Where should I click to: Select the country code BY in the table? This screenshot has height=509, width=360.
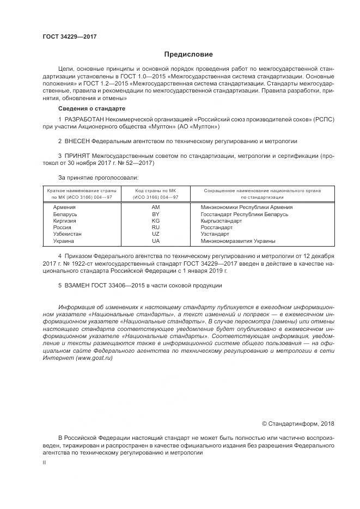click(x=156, y=214)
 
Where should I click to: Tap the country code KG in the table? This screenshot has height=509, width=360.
click(x=156, y=220)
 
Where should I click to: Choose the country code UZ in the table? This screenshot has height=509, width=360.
click(x=156, y=234)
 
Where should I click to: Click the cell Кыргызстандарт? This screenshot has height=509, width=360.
click(x=221, y=220)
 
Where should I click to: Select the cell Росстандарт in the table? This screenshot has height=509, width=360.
click(x=216, y=227)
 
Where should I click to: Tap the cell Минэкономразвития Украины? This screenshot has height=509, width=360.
click(x=237, y=240)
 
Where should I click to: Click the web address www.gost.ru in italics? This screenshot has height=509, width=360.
click(x=90, y=365)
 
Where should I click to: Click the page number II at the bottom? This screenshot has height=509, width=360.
click(x=45, y=462)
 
